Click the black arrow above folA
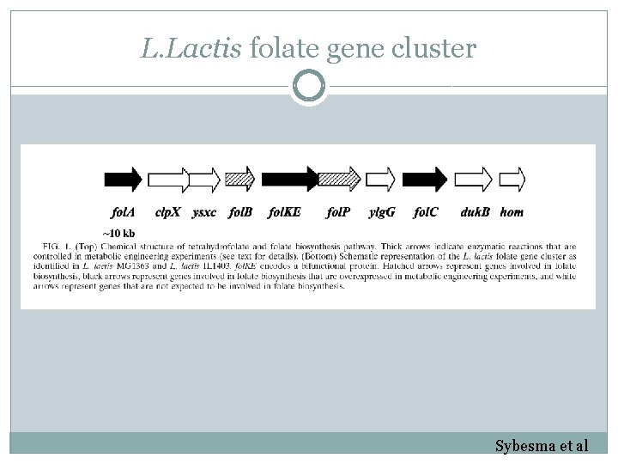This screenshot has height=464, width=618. click(x=123, y=179)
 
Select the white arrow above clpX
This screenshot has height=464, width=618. click(x=168, y=179)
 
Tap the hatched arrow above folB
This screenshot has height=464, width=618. click(x=240, y=179)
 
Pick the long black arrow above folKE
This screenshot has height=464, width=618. click(x=289, y=179)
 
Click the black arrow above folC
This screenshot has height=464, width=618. click(x=425, y=179)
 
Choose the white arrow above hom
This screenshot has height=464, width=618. click(x=512, y=179)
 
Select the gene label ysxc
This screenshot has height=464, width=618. click(x=204, y=211)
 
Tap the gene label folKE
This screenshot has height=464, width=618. click(x=285, y=211)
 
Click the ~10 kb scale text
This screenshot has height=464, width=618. click(x=118, y=234)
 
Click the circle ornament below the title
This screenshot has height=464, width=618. click(x=309, y=86)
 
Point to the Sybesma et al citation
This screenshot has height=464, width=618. click(x=541, y=446)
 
